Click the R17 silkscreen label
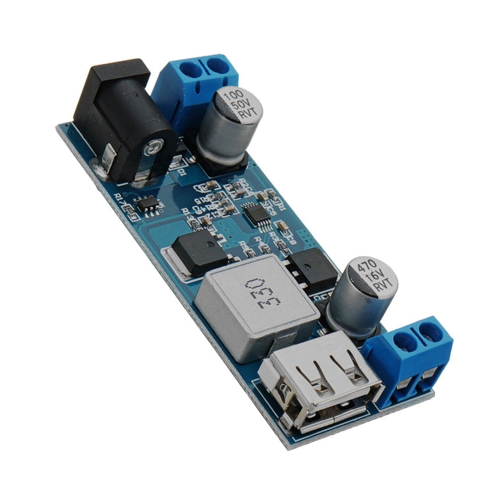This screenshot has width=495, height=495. click(121, 197)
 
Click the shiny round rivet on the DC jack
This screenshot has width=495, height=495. click(154, 147)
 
